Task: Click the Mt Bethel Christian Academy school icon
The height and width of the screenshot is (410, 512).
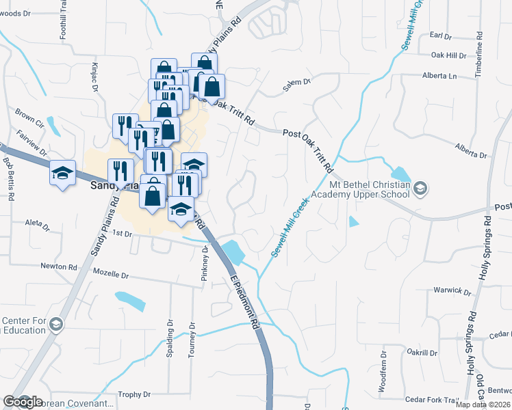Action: [x=422, y=187]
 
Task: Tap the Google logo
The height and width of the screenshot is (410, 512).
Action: [x=23, y=402]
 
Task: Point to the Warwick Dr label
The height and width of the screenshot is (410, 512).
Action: [x=452, y=290]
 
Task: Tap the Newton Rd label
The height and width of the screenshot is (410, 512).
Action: [x=58, y=266]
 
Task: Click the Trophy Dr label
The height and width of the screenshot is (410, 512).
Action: [x=134, y=394]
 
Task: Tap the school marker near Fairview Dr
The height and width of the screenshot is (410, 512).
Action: [x=62, y=173]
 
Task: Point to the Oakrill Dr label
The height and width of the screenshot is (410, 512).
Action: [x=422, y=352]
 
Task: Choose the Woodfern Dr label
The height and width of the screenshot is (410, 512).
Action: [x=384, y=372]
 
